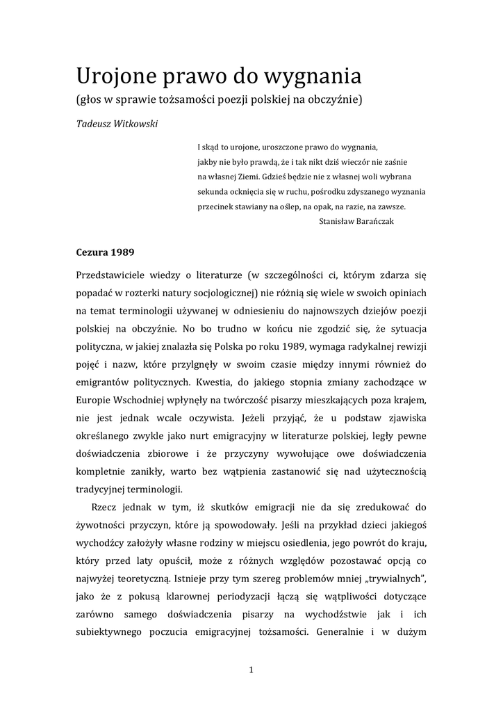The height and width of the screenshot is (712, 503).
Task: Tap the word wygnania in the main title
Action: [313, 76]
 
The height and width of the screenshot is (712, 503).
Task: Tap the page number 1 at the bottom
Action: [251, 670]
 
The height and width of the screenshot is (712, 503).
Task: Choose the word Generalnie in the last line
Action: [343, 633]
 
